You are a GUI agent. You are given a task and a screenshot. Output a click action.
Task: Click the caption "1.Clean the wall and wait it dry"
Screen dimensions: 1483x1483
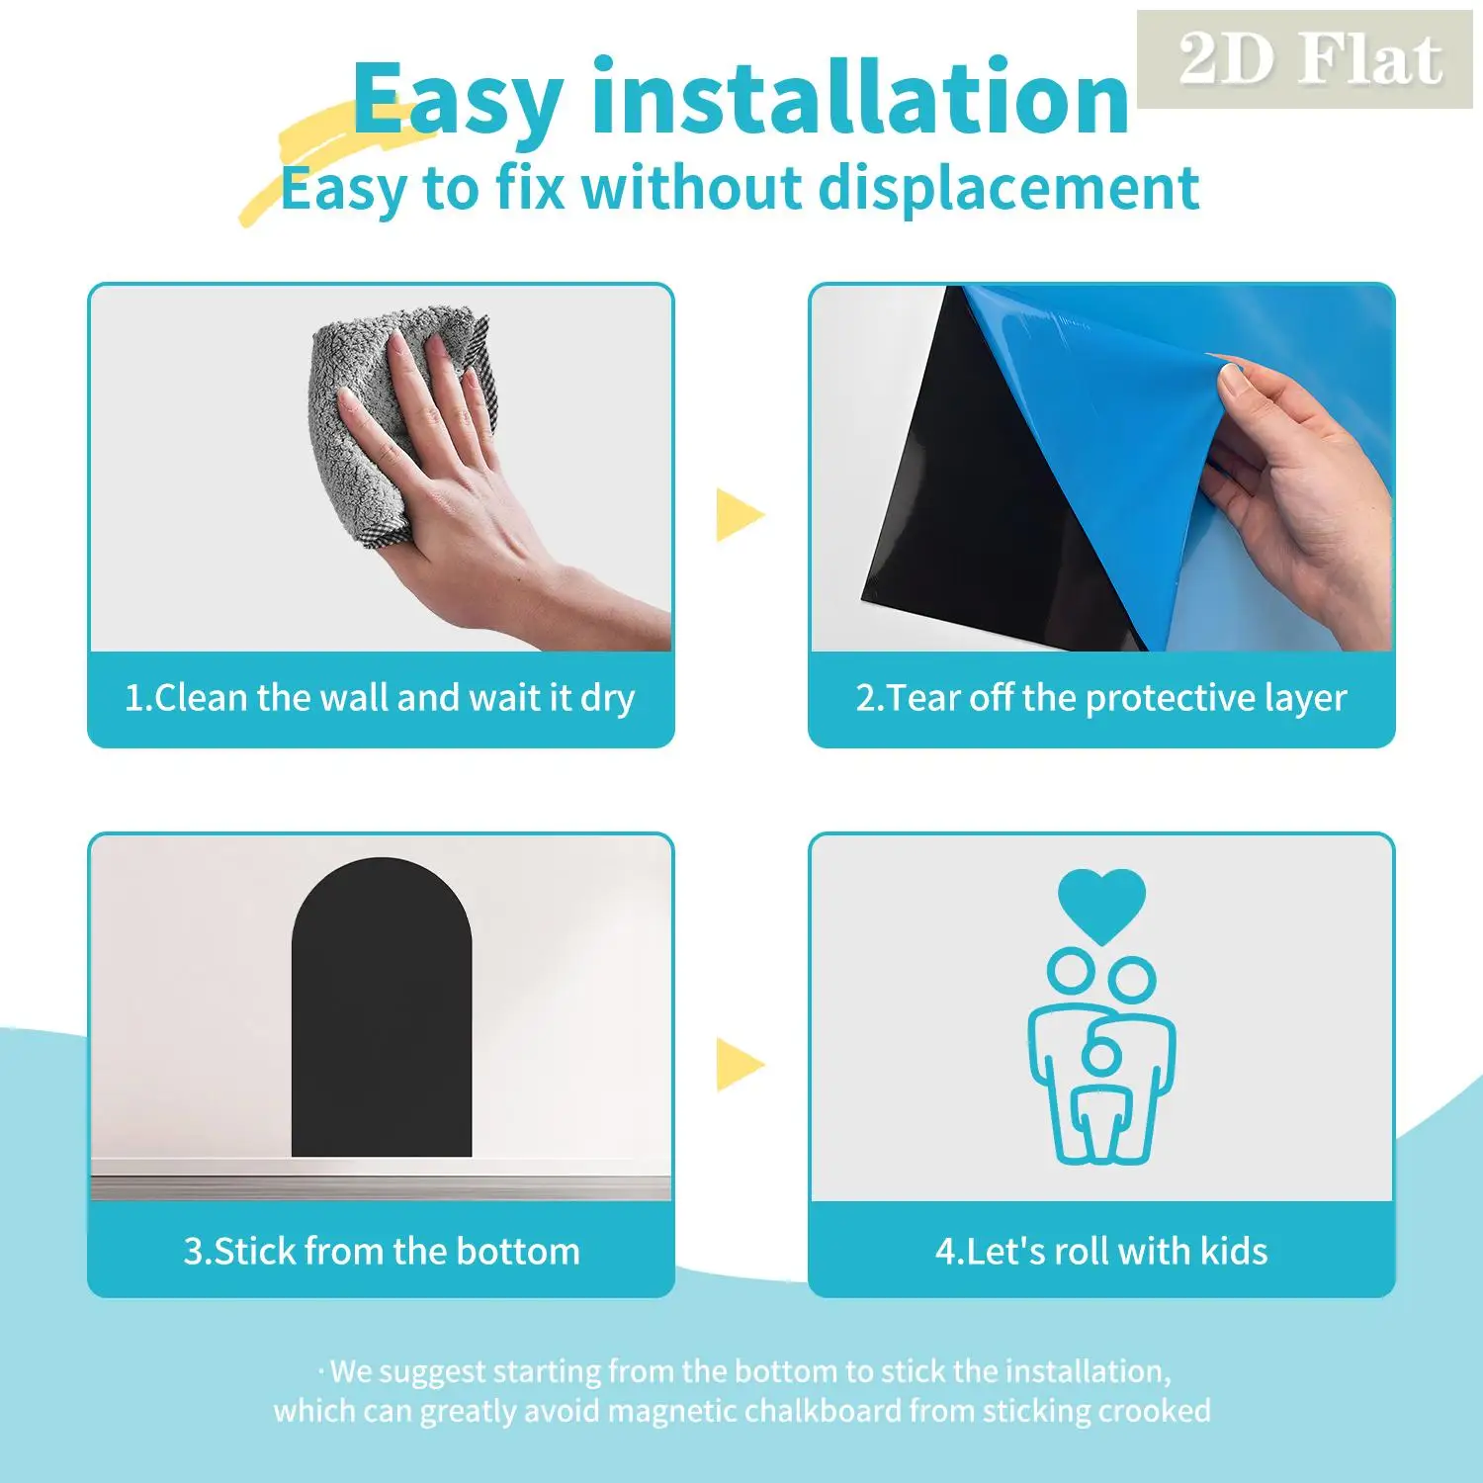[380, 698]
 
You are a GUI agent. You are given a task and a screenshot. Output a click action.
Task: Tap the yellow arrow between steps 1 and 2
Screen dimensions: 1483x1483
[739, 514]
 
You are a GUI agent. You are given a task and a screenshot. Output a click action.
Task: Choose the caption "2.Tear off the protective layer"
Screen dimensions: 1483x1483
[1100, 698]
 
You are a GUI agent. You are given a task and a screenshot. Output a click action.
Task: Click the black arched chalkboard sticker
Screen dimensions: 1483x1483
[382, 1018]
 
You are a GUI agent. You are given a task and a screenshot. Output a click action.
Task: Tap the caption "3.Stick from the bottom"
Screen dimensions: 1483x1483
[382, 1252]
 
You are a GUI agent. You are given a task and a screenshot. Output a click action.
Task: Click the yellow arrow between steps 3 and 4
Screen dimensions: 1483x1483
[739, 1064]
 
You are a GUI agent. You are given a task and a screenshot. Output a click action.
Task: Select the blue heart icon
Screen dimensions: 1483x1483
[1101, 902]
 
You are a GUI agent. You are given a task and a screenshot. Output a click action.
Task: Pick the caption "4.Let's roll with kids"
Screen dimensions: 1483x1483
[1100, 1252]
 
